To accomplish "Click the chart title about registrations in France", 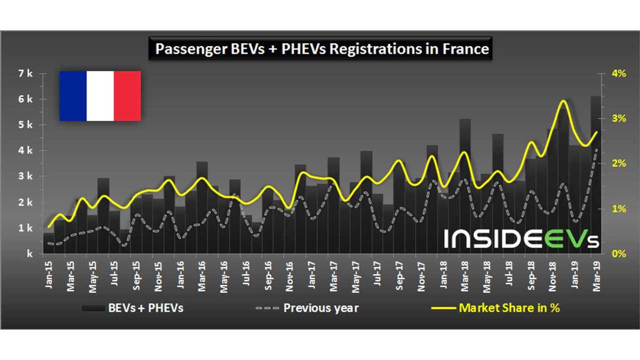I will pyautogui.click(x=322, y=49).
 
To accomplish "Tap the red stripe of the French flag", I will pyautogui.click(x=128, y=96).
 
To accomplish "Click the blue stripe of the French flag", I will pyautogui.click(x=73, y=96).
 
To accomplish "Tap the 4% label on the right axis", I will pyautogui.click(x=618, y=74).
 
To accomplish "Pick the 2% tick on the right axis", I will pyautogui.click(x=618, y=164).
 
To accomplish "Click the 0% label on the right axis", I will pyautogui.click(x=618, y=254).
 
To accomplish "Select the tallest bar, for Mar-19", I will pyautogui.click(x=596, y=178).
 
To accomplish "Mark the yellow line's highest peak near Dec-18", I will pyautogui.click(x=563, y=101).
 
